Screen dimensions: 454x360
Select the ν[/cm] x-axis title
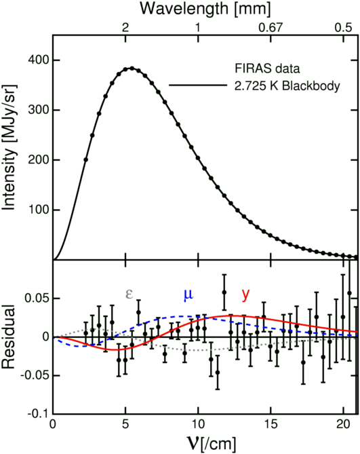205,442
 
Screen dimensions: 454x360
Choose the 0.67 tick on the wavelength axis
271,28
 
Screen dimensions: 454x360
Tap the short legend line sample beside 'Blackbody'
196,86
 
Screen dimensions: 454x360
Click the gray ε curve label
129,295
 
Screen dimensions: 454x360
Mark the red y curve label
245,295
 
